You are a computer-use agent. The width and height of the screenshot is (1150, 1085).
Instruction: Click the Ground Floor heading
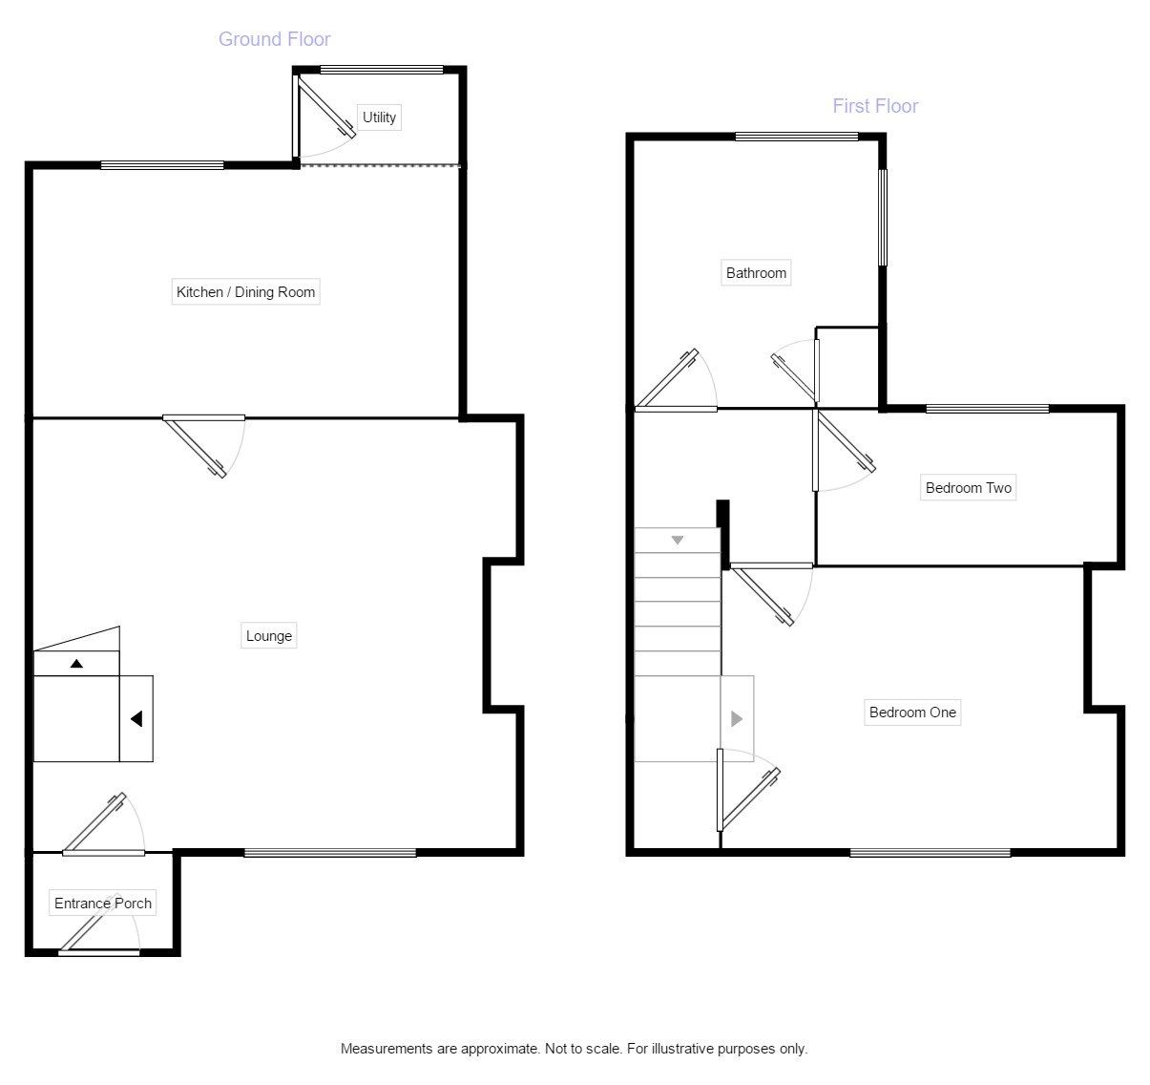pyautogui.click(x=274, y=39)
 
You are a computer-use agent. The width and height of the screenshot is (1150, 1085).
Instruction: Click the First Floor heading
pyautogui.click(x=874, y=106)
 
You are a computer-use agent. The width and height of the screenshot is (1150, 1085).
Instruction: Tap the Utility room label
pyautogui.click(x=379, y=117)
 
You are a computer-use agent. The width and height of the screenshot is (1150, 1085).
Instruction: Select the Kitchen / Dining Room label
pyautogui.click(x=245, y=292)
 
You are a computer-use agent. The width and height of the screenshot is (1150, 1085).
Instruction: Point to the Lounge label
pyautogui.click(x=269, y=636)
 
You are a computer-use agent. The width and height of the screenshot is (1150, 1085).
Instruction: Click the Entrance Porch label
pyautogui.click(x=102, y=904)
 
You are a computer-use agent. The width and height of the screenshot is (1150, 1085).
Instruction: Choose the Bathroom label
pyautogui.click(x=756, y=273)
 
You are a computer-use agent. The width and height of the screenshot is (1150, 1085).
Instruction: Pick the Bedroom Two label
pyautogui.click(x=968, y=488)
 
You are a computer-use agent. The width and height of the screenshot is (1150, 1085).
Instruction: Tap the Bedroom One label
pyautogui.click(x=911, y=713)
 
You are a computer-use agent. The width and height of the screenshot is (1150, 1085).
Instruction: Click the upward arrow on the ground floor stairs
pyautogui.click(x=76, y=663)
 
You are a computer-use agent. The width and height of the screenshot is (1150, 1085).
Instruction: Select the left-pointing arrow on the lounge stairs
pyautogui.click(x=136, y=718)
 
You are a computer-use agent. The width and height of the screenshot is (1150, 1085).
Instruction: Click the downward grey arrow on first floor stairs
pyautogui.click(x=678, y=541)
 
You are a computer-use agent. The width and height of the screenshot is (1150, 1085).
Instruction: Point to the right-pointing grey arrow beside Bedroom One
pyautogui.click(x=736, y=718)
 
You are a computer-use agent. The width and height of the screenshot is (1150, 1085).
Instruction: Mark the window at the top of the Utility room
pyautogui.click(x=382, y=69)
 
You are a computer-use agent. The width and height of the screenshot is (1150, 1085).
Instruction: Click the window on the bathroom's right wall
pyautogui.click(x=883, y=218)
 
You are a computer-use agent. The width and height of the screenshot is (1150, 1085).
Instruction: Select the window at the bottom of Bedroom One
pyautogui.click(x=930, y=852)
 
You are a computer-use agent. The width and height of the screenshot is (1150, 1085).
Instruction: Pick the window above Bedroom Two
pyautogui.click(x=988, y=409)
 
